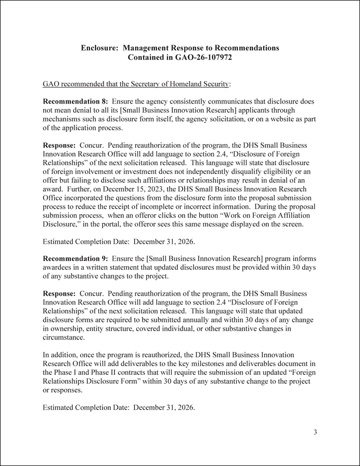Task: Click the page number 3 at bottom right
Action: point(315,432)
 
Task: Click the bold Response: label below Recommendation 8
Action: point(59,145)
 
